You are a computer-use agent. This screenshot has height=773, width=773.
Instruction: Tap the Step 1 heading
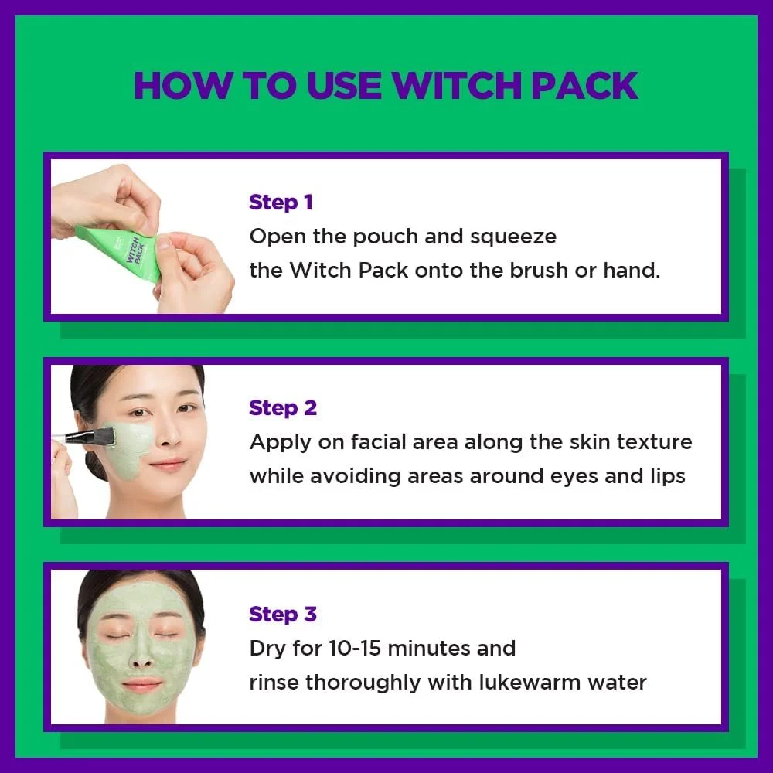point(281,203)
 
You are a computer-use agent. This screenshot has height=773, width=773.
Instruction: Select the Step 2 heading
point(283,408)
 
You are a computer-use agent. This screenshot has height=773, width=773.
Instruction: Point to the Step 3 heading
point(283,615)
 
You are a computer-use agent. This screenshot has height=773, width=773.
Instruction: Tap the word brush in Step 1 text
point(539,271)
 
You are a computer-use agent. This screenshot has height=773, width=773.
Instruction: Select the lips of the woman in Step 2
point(167,465)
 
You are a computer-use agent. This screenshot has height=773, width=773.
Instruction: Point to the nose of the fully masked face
point(141,657)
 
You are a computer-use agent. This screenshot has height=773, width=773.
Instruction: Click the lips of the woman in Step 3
point(141,685)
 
